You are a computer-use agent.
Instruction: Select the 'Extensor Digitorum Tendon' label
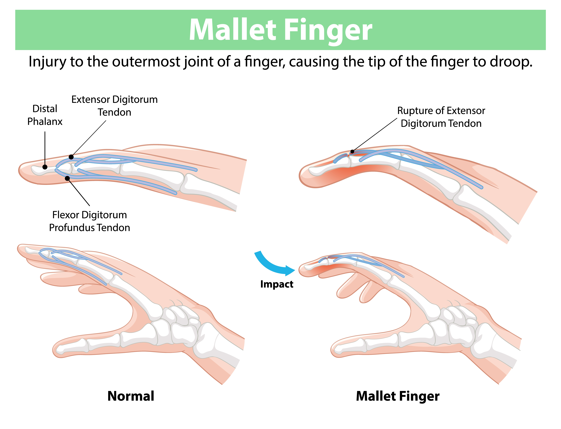[x=114, y=106]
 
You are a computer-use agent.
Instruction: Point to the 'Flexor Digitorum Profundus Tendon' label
[x=89, y=221]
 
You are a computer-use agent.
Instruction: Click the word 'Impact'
[x=277, y=284]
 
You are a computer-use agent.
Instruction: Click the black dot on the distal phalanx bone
[x=45, y=167]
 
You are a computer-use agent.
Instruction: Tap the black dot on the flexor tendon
[x=67, y=178]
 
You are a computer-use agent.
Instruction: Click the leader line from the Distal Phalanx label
[x=45, y=148]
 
